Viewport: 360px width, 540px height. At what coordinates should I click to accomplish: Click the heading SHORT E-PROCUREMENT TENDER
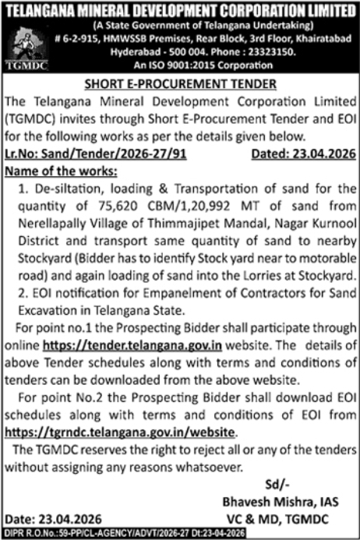[180, 84]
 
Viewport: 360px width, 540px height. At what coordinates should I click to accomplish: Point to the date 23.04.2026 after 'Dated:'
[323, 132]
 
